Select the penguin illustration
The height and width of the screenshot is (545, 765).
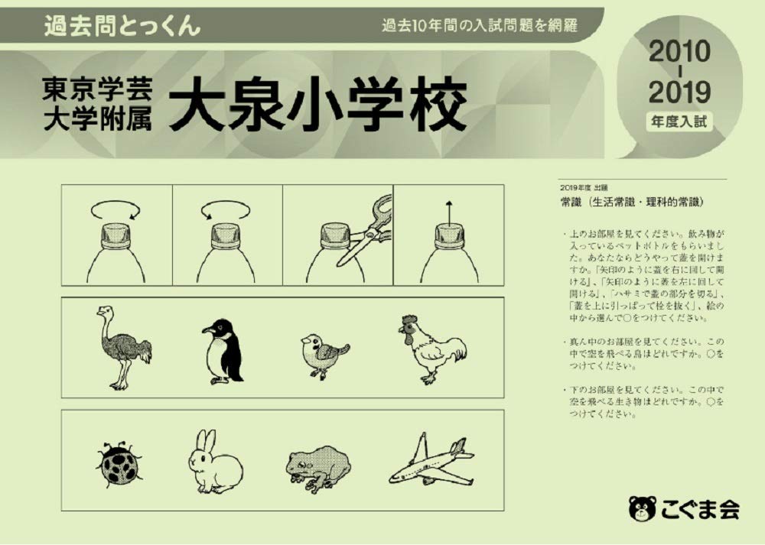coord(221,350)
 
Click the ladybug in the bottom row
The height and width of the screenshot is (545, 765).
coord(120,463)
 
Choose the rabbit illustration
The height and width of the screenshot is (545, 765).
coord(214,462)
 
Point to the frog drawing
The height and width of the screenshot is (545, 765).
coord(319,465)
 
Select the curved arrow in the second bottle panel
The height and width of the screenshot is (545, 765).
coord(226,209)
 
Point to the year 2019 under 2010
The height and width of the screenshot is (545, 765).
coord(679,92)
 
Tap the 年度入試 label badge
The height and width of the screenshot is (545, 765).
coord(679,120)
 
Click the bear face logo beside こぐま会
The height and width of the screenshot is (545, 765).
coord(642,508)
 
